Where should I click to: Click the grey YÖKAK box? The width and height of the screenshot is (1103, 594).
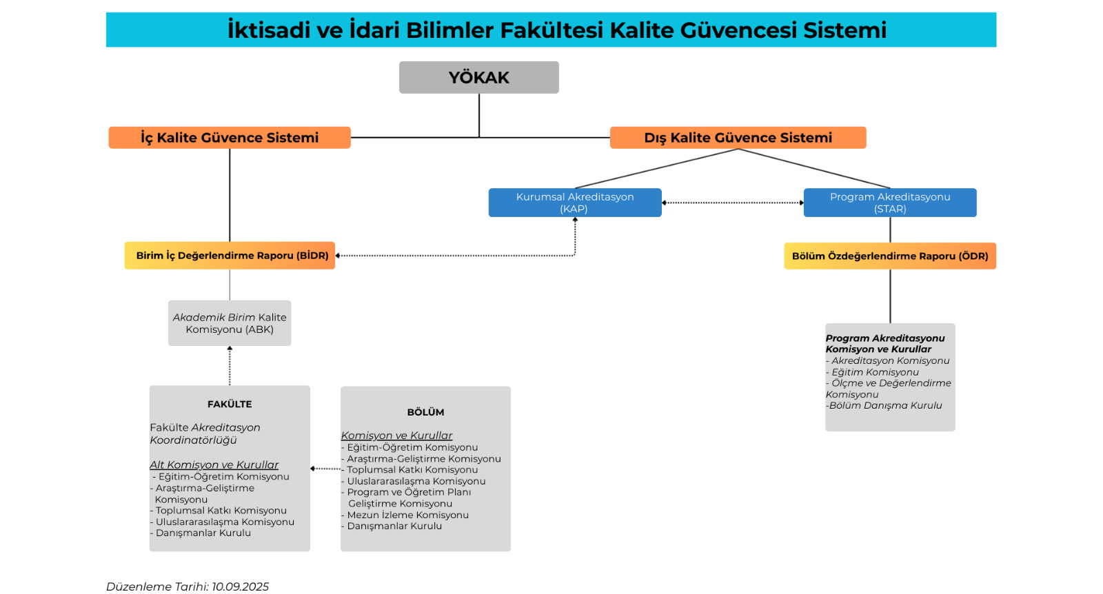click(x=478, y=77)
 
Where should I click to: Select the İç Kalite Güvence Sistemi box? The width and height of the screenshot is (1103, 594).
click(x=230, y=137)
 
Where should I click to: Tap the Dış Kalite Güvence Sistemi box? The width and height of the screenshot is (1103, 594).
click(x=738, y=137)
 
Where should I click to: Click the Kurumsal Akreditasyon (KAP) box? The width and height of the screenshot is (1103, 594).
click(x=575, y=203)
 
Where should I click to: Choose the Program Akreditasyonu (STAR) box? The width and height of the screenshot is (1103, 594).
click(x=890, y=203)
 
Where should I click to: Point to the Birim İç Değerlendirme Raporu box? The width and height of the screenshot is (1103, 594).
click(x=230, y=256)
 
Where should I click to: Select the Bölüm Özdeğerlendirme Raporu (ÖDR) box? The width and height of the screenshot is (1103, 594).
click(x=890, y=256)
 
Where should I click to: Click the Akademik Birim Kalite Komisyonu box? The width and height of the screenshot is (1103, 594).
click(x=230, y=323)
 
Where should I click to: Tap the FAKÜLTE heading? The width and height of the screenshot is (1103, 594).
click(x=230, y=404)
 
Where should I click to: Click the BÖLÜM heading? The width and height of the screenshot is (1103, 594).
click(x=425, y=412)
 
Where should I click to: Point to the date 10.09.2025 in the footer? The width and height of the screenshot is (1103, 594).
click(x=241, y=586)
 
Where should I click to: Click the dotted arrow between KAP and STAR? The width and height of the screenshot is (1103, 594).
click(x=733, y=203)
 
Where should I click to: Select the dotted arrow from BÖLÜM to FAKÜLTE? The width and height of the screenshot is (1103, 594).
click(x=325, y=469)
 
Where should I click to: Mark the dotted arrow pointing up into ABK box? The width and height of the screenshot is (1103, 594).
click(x=230, y=366)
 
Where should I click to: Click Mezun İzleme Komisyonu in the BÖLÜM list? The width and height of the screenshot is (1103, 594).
click(x=405, y=515)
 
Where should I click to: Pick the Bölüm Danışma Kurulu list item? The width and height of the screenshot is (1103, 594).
click(x=884, y=405)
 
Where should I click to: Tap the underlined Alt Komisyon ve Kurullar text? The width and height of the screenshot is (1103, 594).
click(x=214, y=464)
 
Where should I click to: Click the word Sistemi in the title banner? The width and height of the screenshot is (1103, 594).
click(x=845, y=30)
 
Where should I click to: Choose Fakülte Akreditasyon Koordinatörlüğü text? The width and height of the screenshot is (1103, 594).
click(x=205, y=433)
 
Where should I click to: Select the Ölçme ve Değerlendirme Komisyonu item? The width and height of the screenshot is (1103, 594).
click(x=889, y=389)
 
